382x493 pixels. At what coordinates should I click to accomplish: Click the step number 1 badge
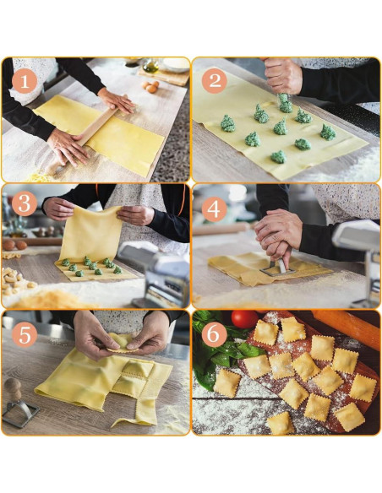click(x=25, y=81)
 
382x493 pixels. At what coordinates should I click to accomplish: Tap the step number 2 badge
click(x=215, y=81)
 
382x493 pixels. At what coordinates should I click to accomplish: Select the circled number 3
click(x=25, y=203)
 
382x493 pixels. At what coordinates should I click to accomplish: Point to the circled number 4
click(x=214, y=209)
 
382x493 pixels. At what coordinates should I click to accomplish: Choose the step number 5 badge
click(x=25, y=334)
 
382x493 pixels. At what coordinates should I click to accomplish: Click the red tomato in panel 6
click(x=245, y=319)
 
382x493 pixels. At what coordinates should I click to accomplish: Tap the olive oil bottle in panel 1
click(x=151, y=65)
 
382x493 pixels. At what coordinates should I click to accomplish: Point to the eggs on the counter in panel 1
click(x=150, y=86)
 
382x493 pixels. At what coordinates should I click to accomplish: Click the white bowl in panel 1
click(x=176, y=64)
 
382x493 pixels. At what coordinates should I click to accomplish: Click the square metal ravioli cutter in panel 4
click(x=278, y=268)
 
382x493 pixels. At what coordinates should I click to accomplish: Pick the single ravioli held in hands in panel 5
click(x=122, y=344)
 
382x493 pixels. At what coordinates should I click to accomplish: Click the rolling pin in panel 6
click(x=347, y=328)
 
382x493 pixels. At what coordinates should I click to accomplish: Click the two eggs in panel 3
click(x=14, y=245)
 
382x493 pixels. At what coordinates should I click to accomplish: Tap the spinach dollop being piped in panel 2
click(x=285, y=103)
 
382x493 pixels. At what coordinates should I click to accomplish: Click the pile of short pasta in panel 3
click(x=16, y=281)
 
